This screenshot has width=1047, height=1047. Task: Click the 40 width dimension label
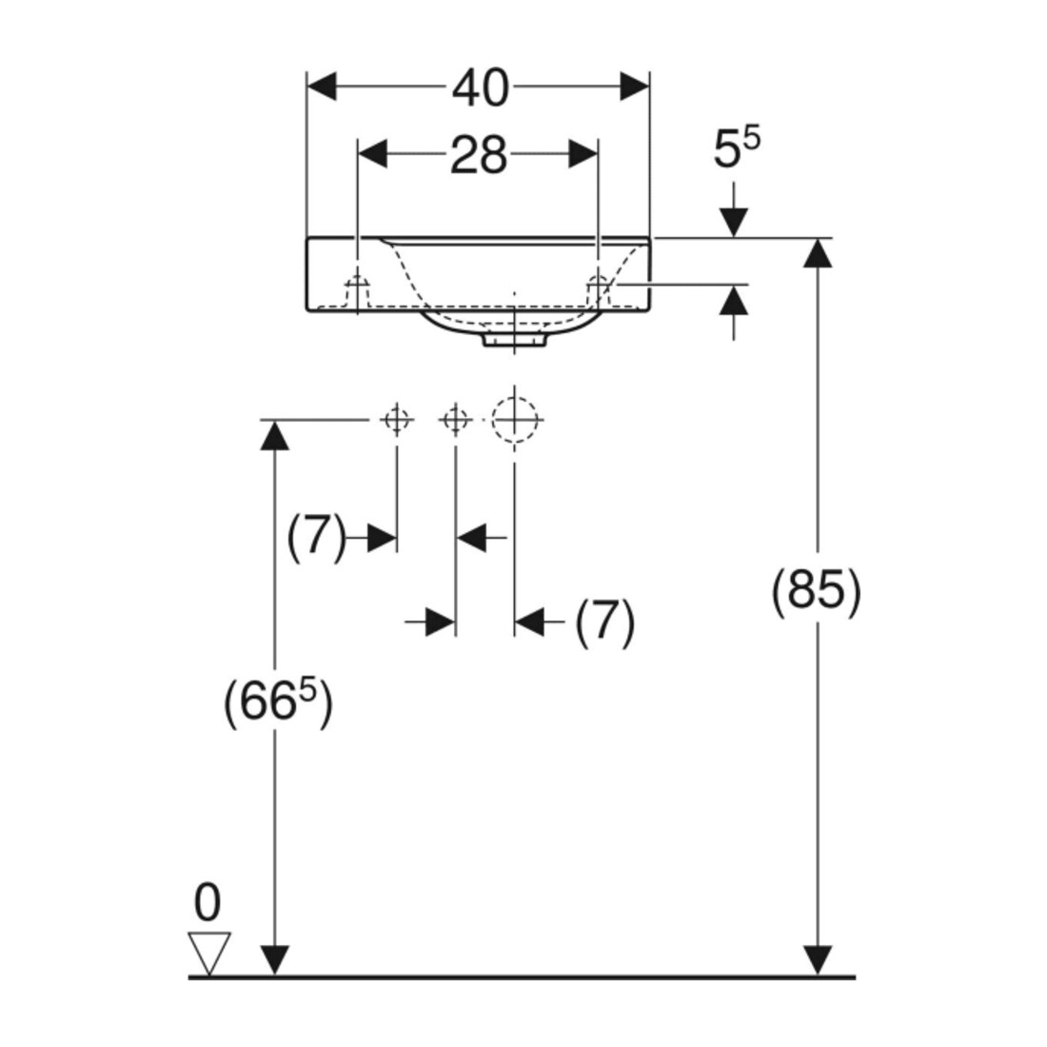point(481,89)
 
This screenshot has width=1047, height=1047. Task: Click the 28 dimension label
point(479,155)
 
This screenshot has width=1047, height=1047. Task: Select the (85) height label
point(816,592)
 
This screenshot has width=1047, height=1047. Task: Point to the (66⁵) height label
point(277,702)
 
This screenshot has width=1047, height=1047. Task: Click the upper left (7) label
point(317,537)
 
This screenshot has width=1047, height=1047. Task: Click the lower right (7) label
point(605,622)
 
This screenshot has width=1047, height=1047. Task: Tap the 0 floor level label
point(207,902)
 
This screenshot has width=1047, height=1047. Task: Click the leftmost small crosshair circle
point(397,420)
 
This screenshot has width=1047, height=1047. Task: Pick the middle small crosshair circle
point(455,420)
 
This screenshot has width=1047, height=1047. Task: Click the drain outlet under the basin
point(514,339)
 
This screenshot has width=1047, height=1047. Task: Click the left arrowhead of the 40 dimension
point(321,87)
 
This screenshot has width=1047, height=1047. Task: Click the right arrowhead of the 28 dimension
point(583,154)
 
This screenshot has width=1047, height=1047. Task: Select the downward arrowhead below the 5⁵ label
point(734,223)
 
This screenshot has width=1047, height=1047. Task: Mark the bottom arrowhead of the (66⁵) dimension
point(274,961)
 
